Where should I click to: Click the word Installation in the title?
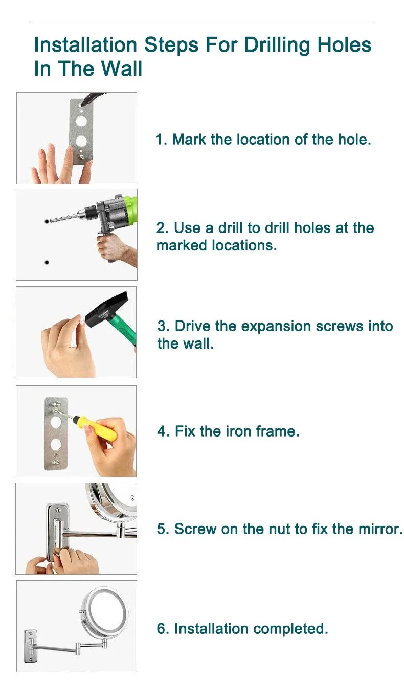(85, 45)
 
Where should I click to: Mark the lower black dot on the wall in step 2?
(47, 262)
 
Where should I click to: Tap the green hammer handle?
(125, 330)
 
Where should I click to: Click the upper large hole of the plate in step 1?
(81, 121)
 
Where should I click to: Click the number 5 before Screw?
(162, 529)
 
